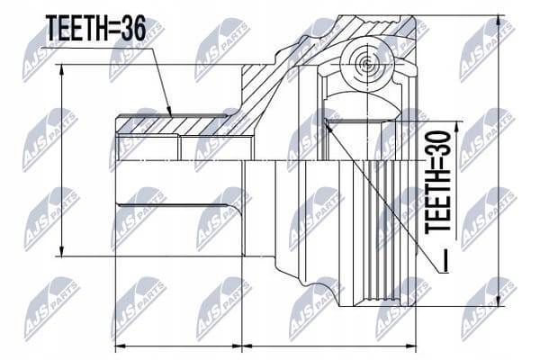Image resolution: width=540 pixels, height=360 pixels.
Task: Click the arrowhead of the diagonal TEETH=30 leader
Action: [x=328, y=124]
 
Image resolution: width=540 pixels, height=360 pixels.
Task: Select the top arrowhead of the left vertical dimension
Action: [x=61, y=69]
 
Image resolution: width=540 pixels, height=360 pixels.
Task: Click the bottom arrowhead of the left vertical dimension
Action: [x=61, y=251]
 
